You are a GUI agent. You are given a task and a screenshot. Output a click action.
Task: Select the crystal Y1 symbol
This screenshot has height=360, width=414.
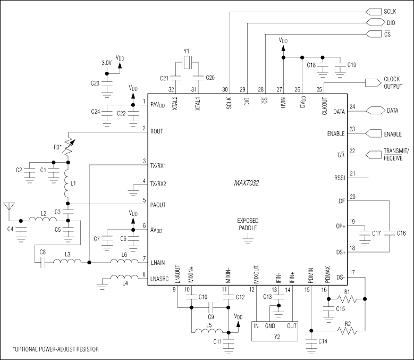click(187, 65)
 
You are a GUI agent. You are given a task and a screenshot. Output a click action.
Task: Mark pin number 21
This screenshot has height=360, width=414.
click(352, 173)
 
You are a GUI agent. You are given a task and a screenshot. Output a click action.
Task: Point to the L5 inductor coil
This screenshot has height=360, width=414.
click(208, 332)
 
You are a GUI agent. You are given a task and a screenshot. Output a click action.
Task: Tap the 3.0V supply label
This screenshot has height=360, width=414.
click(107, 63)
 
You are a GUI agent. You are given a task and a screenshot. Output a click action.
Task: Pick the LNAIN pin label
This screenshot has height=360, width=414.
click(159, 261)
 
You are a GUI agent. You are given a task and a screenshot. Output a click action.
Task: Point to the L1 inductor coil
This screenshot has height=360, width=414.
click(68, 184)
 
